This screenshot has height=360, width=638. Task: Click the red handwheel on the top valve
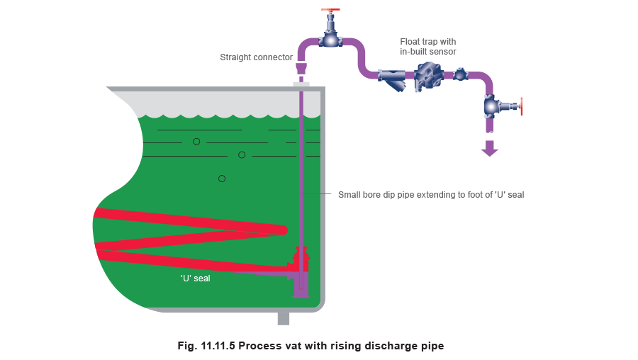330,10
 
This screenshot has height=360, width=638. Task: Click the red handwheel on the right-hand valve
521,107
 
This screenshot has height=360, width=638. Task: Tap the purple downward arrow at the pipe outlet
489,148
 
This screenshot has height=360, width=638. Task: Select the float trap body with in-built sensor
428,76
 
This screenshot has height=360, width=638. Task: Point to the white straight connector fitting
301,69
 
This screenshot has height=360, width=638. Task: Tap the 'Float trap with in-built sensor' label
428,47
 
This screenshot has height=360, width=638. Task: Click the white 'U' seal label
195,279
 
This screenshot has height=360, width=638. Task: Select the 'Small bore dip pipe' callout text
431,194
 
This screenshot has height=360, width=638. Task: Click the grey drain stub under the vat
284,318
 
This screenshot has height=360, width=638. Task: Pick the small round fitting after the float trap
461,73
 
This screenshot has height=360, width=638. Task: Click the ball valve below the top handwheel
330,40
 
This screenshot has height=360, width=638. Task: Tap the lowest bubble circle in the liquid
222,178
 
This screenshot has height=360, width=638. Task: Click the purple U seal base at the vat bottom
301,290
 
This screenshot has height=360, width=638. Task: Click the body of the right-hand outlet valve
491,106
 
